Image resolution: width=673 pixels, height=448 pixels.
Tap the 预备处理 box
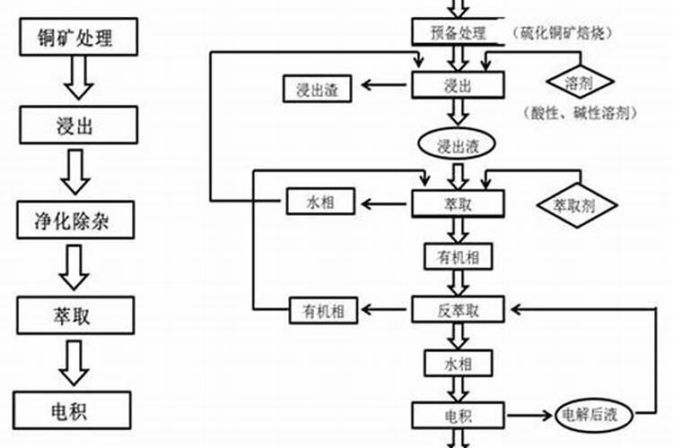tap(459, 33)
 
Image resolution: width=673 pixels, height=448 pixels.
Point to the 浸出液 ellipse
tap(459, 144)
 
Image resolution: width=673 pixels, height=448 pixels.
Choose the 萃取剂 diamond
tap(578, 204)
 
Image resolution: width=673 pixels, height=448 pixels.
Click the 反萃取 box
tap(459, 310)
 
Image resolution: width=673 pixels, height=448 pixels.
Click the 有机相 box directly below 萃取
tap(459, 256)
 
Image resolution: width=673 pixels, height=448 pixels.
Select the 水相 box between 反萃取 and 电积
tap(459, 362)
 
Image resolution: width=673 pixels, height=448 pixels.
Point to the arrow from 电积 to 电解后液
tap(530, 415)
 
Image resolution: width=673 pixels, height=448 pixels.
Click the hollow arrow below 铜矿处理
tap(78, 80)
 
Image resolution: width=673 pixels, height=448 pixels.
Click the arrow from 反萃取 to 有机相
tap(385, 310)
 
